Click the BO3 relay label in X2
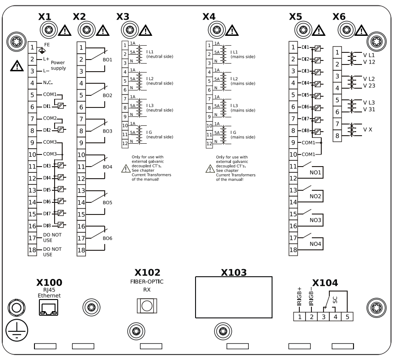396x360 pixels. (107, 131)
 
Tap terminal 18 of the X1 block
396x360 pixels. (32, 250)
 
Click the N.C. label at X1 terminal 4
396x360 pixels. (48, 83)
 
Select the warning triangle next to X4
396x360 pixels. (232, 30)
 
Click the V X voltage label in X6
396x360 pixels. (368, 129)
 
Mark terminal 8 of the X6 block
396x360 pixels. (337, 135)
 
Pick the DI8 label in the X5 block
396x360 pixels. (306, 131)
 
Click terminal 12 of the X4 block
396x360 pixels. (209, 144)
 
